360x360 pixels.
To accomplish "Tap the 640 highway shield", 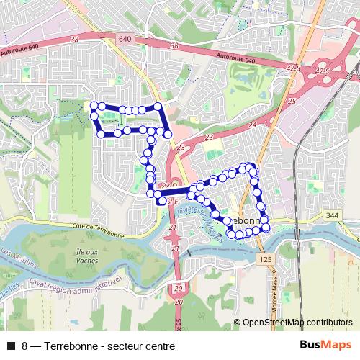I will coord(125,38).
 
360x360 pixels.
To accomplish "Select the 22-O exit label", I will coord(166,186).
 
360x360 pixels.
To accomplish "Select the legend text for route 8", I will coord(99,346).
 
